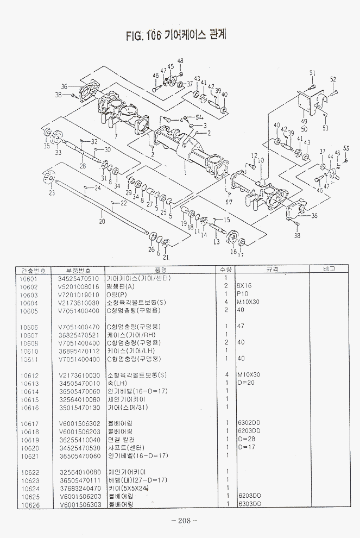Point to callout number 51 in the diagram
pos(313,73)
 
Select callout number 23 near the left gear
pos(52,193)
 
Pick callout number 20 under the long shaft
pos(102,221)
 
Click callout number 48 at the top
pos(180,60)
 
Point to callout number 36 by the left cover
pos(64,86)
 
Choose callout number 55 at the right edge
pos(346,148)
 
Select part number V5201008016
pos(79,286)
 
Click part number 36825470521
pos(79,335)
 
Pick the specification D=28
pos(247,439)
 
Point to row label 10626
pos(28,504)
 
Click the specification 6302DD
pos(249,423)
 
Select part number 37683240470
pos(79,488)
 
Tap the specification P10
pos(243,295)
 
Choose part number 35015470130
pos(79,407)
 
